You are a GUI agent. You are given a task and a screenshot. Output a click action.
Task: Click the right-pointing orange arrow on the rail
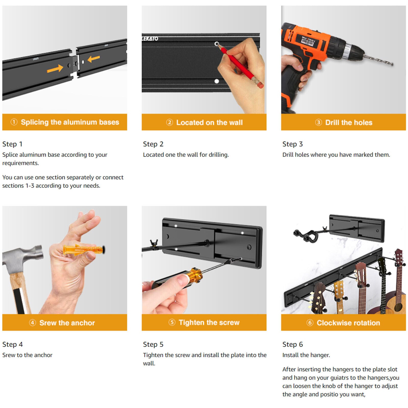[55, 69]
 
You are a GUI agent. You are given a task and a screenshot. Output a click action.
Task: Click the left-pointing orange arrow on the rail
[94, 59]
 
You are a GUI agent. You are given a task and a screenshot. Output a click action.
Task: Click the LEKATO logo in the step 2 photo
[150, 39]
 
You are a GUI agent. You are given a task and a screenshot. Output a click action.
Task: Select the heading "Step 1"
[12, 144]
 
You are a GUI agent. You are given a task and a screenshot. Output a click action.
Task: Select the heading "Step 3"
[292, 144]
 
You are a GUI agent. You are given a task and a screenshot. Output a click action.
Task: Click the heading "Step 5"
[153, 345]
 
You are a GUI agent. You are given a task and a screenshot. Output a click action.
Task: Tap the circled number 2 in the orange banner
[170, 122]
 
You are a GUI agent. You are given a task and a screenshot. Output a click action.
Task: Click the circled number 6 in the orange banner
[310, 323]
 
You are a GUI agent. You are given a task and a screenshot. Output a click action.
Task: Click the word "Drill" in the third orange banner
[332, 122]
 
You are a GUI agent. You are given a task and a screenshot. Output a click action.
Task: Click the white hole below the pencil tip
[217, 81]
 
